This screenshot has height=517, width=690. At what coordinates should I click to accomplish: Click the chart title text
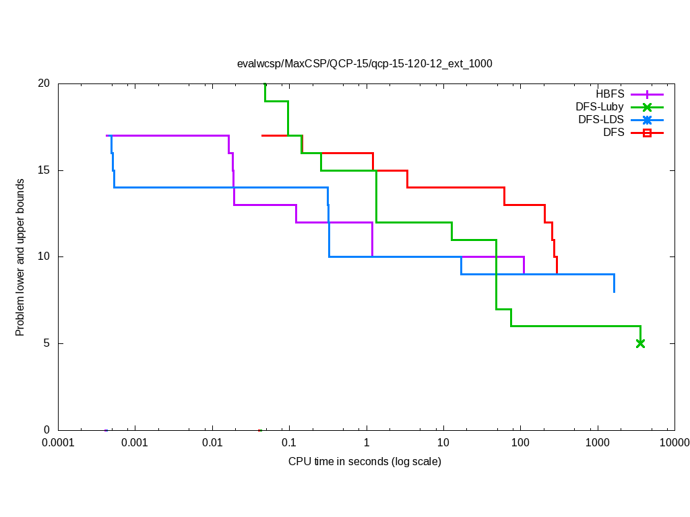pos(365,64)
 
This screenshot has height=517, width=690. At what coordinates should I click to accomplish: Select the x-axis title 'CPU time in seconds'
pos(365,461)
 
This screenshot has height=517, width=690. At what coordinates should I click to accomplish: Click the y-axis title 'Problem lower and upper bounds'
pos(20,257)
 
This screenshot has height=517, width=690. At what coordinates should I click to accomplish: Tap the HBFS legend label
pos(610,94)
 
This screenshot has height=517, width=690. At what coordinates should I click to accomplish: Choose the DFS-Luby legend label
pos(600,107)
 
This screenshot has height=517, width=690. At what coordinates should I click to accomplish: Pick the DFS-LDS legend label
pos(601,120)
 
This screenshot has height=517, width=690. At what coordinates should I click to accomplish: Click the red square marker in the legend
pos(647,133)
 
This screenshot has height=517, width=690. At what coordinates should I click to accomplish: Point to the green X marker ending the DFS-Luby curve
pos(640,343)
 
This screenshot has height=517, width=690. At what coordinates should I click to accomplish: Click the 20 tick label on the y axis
pos(44,83)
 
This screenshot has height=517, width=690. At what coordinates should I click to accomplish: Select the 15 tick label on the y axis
pos(44,170)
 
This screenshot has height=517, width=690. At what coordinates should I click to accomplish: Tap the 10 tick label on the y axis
pos(44,256)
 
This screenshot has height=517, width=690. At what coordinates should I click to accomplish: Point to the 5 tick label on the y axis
pos(46,343)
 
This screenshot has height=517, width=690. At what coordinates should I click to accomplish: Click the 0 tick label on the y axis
pos(46,429)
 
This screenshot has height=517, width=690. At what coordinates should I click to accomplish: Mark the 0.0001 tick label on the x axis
pos(58,443)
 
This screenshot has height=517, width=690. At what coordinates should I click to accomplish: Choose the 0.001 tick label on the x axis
pos(135,443)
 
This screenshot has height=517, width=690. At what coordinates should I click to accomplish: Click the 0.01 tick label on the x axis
pos(212,443)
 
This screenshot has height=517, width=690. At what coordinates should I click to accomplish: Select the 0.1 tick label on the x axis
pos(289,443)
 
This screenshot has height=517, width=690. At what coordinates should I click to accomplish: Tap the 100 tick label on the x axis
pos(520,443)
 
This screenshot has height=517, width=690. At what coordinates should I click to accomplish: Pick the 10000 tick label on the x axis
pos(674,443)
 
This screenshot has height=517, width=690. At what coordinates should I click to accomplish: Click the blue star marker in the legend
pos(647,120)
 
